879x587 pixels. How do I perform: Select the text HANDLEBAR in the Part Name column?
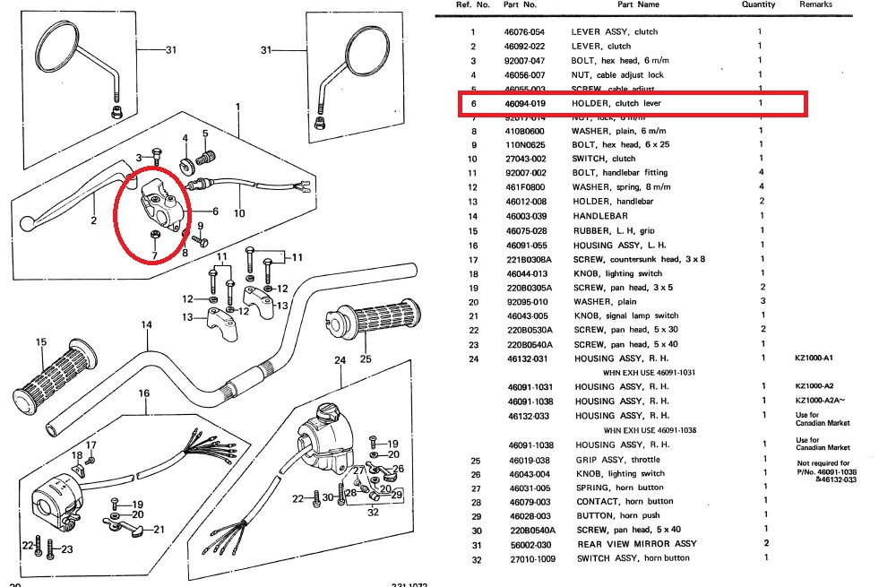(600, 216)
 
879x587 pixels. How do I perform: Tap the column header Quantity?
(758, 4)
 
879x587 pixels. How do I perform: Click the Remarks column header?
(815, 4)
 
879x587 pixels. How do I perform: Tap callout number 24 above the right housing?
(340, 360)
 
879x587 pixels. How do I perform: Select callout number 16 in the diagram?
(143, 393)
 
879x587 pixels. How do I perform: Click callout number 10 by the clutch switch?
(238, 213)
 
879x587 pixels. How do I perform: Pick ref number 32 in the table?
(472, 558)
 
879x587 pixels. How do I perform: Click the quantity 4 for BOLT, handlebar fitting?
(761, 172)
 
